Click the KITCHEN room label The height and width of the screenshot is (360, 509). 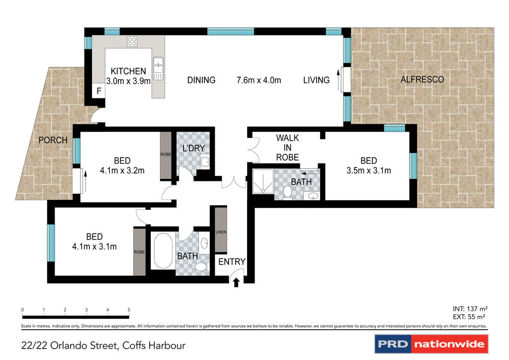[x=128, y=72]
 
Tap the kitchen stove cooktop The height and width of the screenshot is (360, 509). [x=132, y=42]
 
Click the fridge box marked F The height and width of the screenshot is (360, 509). [x=99, y=91]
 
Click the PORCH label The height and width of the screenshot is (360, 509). [x=53, y=140]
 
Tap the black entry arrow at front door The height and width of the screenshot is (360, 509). [x=236, y=282]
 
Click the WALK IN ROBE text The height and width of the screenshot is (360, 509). [x=287, y=148]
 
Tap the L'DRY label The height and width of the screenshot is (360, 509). [x=194, y=148]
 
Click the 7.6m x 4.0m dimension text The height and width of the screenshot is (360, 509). [x=258, y=80]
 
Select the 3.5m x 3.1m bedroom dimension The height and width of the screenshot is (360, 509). [x=368, y=171]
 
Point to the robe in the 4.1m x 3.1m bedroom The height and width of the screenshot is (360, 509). [x=140, y=252]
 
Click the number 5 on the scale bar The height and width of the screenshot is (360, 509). [x=129, y=310]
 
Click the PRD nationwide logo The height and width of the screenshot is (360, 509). [x=430, y=344]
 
